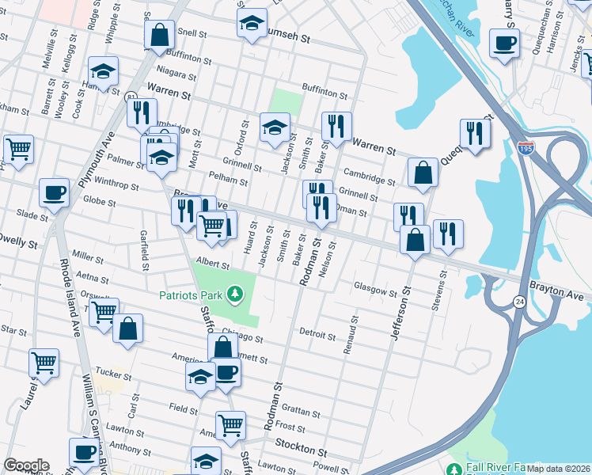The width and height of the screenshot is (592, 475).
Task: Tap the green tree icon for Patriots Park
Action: click(x=234, y=295)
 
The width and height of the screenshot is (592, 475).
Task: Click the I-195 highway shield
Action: click(x=526, y=147)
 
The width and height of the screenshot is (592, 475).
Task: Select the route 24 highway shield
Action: click(x=518, y=301)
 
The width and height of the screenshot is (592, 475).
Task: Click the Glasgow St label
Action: click(x=374, y=290)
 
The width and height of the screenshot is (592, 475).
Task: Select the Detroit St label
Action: click(x=319, y=334)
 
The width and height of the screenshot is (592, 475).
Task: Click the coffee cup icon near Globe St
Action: click(x=55, y=192)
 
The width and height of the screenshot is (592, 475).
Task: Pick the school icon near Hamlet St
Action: click(x=103, y=71)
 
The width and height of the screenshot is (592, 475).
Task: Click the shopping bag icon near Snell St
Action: click(x=159, y=34)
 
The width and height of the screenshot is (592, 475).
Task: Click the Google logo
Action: click(x=26, y=465)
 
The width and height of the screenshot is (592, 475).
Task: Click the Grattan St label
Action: click(x=300, y=411)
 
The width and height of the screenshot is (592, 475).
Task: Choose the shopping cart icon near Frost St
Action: click(x=230, y=424)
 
